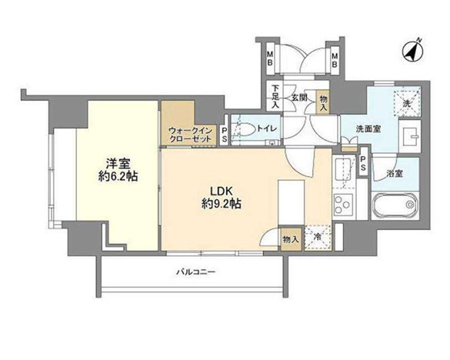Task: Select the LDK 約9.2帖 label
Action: (222, 197)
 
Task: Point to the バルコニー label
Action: (196, 272)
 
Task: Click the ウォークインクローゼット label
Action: (190, 135)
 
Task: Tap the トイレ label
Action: (267, 128)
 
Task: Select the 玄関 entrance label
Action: (299, 98)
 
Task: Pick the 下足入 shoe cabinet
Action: (275, 97)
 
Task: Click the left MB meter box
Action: (270, 58)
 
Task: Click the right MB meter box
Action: (334, 58)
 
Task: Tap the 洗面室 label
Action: (368, 129)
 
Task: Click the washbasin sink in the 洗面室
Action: (410, 136)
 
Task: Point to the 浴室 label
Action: (395, 174)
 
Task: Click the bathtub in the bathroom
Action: (395, 205)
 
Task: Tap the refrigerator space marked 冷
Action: (317, 238)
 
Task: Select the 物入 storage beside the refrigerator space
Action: (291, 239)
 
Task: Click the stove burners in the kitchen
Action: (343, 205)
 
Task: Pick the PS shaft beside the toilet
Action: (225, 135)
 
